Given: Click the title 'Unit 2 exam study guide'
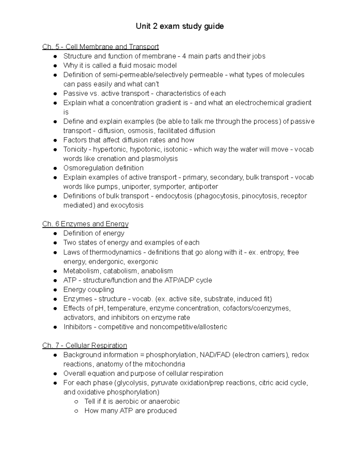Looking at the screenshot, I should point(180,26).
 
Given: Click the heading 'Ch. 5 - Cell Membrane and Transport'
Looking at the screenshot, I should point(100,47).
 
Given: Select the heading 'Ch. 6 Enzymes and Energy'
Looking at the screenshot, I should point(85,224).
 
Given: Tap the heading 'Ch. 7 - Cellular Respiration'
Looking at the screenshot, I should point(85,345).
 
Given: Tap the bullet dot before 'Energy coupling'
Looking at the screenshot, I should point(55,290).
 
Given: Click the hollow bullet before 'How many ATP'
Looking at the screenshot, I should point(76,411).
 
